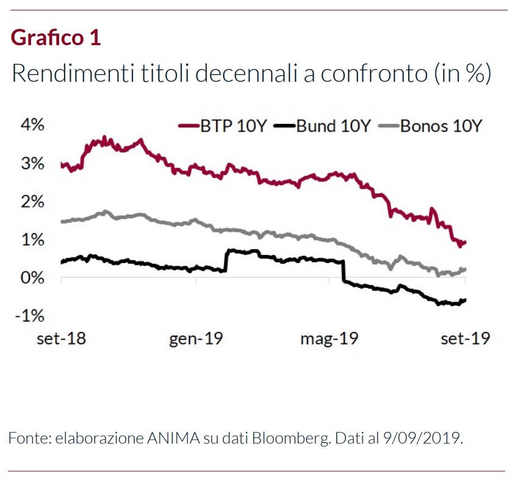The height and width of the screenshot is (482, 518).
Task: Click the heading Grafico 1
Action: (56, 38)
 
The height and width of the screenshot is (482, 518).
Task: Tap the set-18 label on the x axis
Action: (61, 339)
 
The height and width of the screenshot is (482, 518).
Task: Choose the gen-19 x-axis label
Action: (195, 339)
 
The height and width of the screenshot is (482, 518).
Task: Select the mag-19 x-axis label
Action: (329, 339)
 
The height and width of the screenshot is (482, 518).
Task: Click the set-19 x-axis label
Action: (466, 339)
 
